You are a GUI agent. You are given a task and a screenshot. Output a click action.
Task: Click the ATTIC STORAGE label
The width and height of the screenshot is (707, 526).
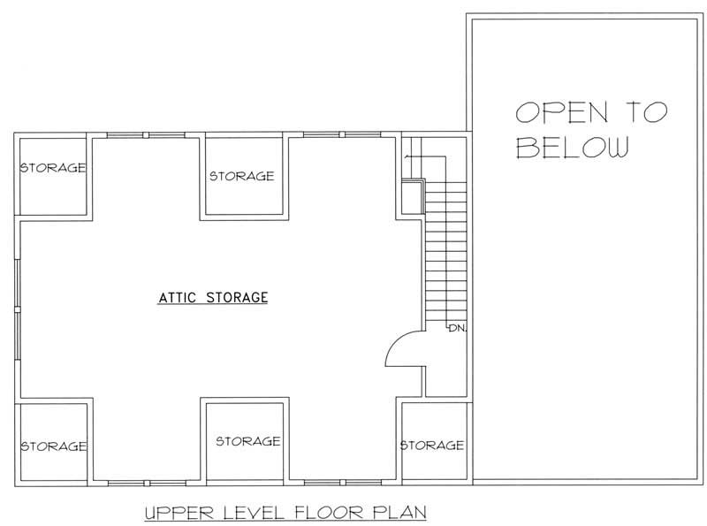pyautogui.click(x=213, y=297)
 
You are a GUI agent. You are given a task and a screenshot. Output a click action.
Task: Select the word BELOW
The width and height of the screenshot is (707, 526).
pyautogui.click(x=572, y=148)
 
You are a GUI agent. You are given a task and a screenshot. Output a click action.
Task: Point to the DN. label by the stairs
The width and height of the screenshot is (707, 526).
pyautogui.click(x=456, y=328)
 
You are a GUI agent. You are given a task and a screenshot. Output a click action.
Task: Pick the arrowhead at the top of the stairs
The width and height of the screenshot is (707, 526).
pyautogui.click(x=407, y=157)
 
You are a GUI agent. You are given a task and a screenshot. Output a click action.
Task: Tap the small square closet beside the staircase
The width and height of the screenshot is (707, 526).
pyautogui.click(x=412, y=196)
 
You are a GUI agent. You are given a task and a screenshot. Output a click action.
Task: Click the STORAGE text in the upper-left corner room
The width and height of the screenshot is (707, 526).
pyautogui.click(x=53, y=167)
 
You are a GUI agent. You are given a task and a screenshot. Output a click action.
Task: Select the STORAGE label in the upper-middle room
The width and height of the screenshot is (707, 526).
pyautogui.click(x=241, y=176)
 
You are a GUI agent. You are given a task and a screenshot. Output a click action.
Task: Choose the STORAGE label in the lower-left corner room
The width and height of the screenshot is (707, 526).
pyautogui.click(x=53, y=446)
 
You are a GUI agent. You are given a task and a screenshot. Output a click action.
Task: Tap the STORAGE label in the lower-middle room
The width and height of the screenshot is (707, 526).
pyautogui.click(x=247, y=441)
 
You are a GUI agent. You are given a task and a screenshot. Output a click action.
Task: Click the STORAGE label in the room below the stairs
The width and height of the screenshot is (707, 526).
pyautogui.click(x=432, y=445)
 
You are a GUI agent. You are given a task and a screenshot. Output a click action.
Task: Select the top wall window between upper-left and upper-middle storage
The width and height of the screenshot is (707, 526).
pyautogui.click(x=146, y=135)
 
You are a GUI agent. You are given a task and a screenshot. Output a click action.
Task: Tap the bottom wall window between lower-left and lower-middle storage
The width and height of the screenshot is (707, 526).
pyautogui.click(x=146, y=483)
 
